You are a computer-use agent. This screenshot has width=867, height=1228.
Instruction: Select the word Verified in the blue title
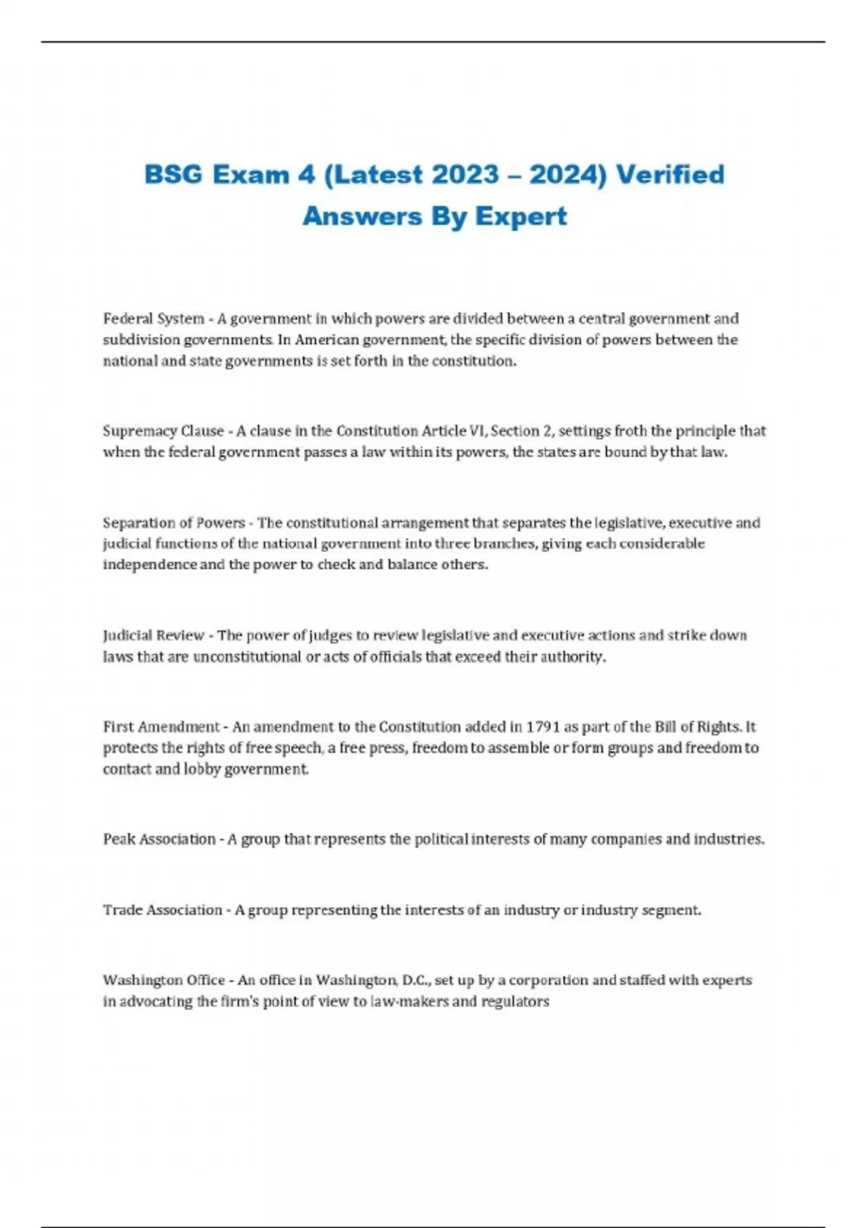point(670,175)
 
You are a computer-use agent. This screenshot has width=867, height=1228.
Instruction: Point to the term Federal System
point(153,319)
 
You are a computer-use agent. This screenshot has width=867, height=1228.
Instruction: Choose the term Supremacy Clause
point(163,431)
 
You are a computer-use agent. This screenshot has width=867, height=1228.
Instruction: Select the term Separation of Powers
point(173,522)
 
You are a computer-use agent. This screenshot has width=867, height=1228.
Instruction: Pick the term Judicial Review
point(153,636)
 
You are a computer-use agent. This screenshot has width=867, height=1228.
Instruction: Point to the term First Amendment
point(160,727)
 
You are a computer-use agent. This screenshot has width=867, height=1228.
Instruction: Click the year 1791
point(543,727)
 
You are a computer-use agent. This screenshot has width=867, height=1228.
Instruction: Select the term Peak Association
point(159,839)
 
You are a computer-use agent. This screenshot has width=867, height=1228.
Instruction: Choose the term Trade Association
point(163,910)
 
